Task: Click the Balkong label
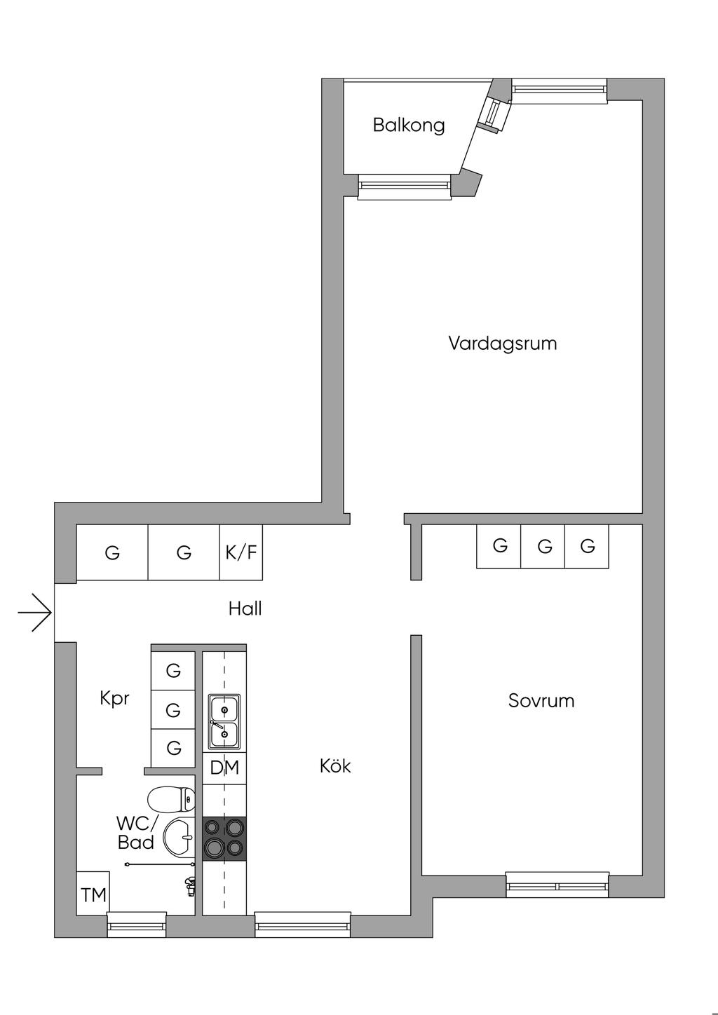(x=409, y=125)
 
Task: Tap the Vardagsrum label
(x=503, y=343)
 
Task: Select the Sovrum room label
(x=541, y=701)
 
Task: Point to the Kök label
(x=335, y=766)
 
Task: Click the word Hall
(x=245, y=608)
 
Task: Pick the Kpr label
(x=114, y=699)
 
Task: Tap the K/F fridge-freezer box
(x=241, y=552)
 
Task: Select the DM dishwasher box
(x=224, y=768)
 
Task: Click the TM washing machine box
(x=93, y=894)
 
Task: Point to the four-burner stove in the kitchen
(x=224, y=838)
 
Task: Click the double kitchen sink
(x=224, y=722)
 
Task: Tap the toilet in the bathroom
(x=171, y=798)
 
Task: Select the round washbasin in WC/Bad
(x=179, y=837)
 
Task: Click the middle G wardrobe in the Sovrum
(x=545, y=546)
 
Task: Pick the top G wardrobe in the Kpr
(x=173, y=671)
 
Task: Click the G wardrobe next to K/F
(x=184, y=552)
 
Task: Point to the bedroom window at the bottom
(x=557, y=885)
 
